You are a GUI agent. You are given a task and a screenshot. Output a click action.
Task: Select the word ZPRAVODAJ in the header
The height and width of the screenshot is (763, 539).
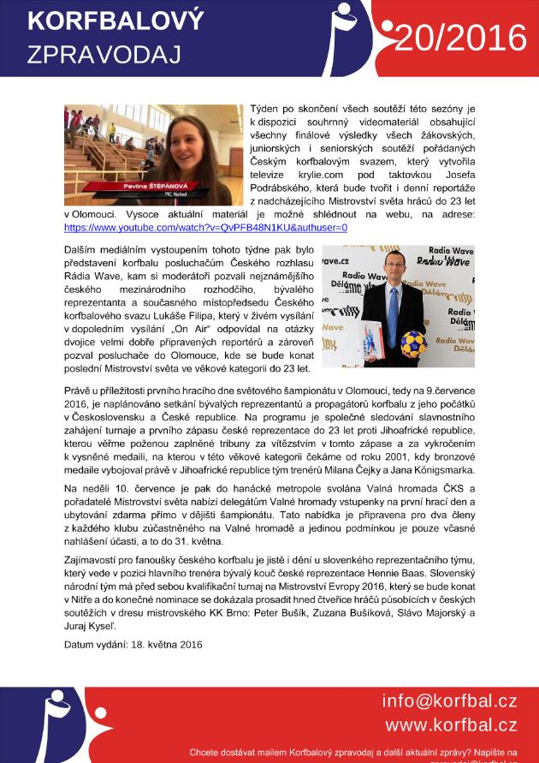[x=104, y=54]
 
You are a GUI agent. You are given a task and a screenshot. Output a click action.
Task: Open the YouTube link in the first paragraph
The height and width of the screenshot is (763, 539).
[x=205, y=229]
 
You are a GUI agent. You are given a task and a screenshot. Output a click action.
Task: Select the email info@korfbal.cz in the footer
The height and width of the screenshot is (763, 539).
[x=449, y=701]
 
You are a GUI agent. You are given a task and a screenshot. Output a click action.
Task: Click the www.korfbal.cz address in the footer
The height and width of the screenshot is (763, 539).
[x=451, y=724]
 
